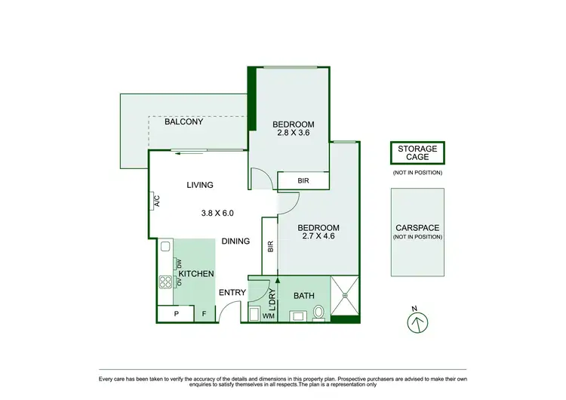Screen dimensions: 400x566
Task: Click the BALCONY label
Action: click(186, 122)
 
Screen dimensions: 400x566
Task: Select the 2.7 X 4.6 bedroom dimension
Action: click(318, 236)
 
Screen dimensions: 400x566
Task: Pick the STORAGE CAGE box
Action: click(417, 153)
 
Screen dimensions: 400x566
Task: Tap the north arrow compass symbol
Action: click(417, 322)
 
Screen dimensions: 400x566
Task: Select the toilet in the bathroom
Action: click(319, 311)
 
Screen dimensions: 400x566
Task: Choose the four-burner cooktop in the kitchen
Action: click(165, 282)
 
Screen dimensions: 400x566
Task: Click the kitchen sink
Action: click(165, 246)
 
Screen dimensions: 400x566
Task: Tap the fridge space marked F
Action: click(203, 314)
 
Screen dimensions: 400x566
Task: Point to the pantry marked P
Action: click(176, 314)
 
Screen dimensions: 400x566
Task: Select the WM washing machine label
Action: click(267, 316)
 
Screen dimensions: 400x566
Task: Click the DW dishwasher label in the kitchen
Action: click(178, 263)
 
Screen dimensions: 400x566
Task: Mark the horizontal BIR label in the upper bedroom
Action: click(303, 181)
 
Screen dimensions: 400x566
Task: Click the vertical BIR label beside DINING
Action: click(269, 247)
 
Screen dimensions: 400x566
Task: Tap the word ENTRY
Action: click(231, 293)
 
